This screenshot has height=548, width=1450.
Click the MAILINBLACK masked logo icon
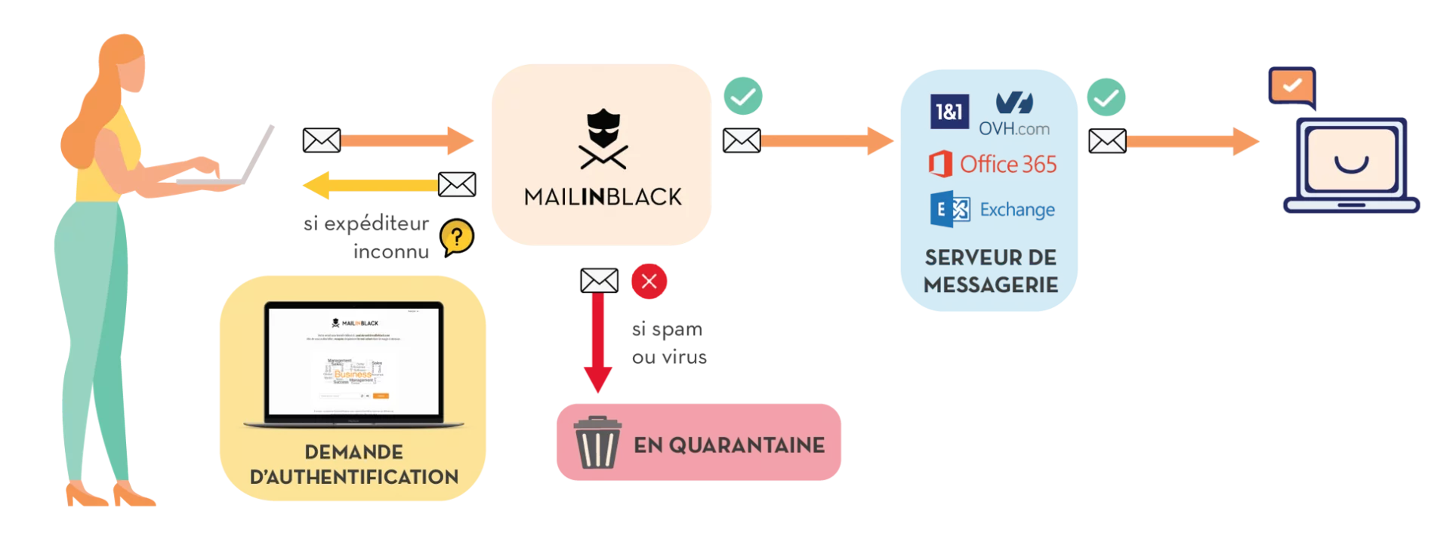coord(603,140)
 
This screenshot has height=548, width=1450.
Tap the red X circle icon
coord(649,282)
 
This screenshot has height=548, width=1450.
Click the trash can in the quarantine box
coord(597,443)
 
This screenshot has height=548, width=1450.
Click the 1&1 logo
coord(949,112)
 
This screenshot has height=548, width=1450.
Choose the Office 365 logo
coord(992,164)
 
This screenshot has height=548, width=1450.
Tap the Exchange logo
coord(992,209)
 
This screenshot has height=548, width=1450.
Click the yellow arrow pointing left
coord(370,186)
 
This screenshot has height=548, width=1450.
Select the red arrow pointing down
coord(597,343)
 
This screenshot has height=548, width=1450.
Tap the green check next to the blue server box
coord(1106,97)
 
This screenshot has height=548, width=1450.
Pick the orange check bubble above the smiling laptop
coord(1291,85)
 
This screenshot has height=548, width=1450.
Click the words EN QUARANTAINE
coord(729,445)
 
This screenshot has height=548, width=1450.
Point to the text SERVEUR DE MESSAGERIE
coord(990,271)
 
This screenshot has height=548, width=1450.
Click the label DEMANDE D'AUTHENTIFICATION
coord(353,464)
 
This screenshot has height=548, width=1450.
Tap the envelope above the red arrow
coord(599,282)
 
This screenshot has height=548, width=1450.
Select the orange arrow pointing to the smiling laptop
coord(1193,141)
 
